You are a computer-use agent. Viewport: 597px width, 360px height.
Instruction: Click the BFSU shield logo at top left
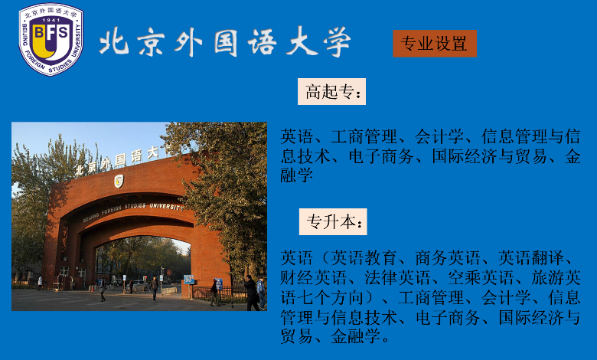(51, 39)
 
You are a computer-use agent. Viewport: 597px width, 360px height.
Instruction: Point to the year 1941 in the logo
(51, 20)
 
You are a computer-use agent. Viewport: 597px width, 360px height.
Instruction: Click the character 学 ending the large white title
(337, 41)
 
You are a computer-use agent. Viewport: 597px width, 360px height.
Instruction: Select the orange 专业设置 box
(435, 44)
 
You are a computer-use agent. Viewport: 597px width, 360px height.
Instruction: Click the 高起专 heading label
(331, 91)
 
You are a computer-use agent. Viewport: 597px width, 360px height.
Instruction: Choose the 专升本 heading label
(333, 221)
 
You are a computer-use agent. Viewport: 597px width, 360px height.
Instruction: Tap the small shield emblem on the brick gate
(119, 181)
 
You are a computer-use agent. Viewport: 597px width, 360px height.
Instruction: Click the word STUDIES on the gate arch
(135, 206)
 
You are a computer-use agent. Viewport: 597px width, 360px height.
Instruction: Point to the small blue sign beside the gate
(189, 280)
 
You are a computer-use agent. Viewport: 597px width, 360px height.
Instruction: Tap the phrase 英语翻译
(531, 258)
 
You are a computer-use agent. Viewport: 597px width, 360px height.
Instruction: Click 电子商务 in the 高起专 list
(381, 156)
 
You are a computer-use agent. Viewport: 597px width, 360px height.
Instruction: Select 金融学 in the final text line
(356, 336)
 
